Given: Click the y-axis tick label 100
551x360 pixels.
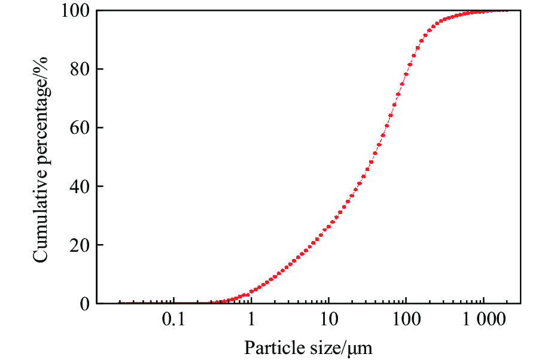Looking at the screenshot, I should [75, 11].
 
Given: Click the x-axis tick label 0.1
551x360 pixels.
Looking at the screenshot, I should [173, 321].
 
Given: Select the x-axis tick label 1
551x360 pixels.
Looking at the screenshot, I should [251, 321].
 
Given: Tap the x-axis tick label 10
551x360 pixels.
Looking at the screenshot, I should [328, 321].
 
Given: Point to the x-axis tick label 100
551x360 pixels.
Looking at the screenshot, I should [406, 321].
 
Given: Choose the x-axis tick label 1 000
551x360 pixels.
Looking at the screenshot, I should [483, 321].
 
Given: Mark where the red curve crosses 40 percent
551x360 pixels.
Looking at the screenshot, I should [358, 187].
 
